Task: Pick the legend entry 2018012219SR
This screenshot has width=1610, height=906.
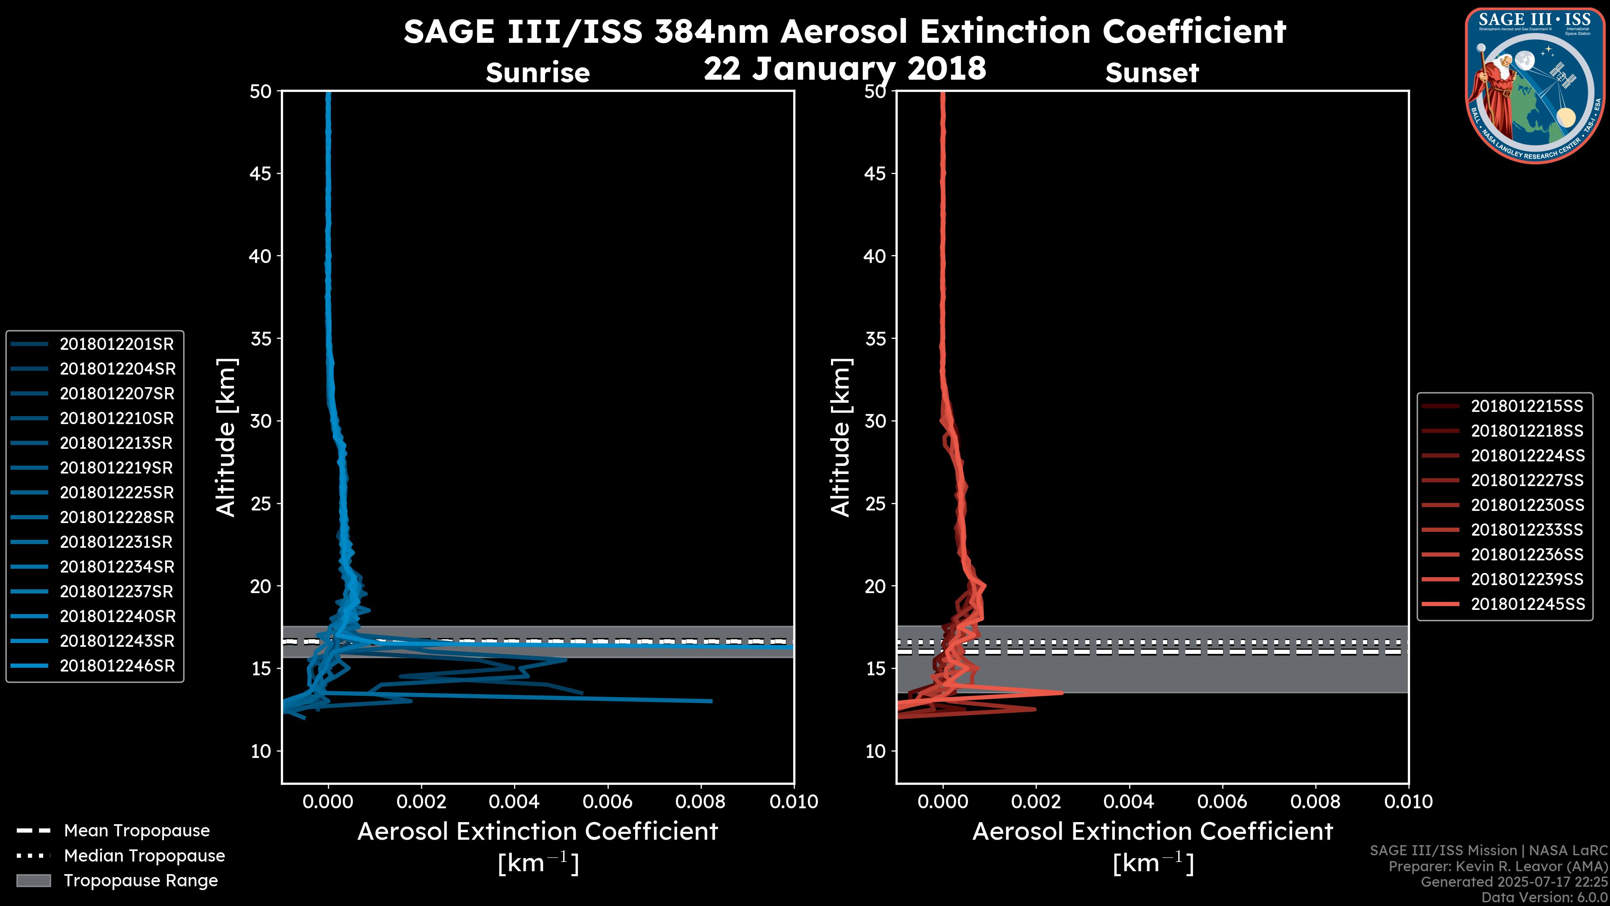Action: coord(116,468)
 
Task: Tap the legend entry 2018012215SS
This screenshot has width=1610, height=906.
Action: coord(1527,406)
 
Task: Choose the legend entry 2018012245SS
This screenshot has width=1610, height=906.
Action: coord(1527,604)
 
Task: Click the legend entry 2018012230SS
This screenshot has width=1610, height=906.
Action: coord(1527,505)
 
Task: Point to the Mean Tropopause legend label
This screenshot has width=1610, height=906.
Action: coord(137,830)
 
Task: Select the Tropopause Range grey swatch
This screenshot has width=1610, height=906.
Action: coord(33,880)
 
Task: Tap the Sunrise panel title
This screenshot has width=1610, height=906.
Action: coord(538,73)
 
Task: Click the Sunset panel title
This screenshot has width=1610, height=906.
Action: coord(1152,73)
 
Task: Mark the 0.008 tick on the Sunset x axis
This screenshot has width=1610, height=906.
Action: coord(1316,802)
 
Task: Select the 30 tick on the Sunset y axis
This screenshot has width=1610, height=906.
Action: coord(875,421)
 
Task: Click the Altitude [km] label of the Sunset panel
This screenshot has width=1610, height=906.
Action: coord(841,437)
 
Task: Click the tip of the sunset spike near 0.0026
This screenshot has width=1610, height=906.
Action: coord(1062,692)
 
